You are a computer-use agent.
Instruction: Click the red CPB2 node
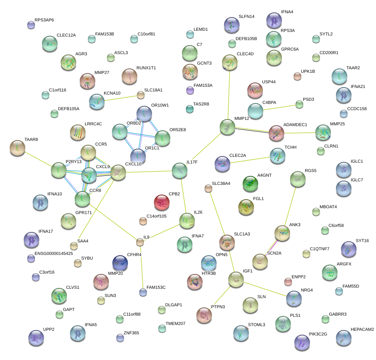162,202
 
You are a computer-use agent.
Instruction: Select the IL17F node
179,170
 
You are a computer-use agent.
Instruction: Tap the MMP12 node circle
227,127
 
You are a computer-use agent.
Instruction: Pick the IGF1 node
236,279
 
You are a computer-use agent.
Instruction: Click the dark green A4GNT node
250,184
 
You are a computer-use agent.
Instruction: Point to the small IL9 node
140,242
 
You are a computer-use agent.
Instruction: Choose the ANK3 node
282,233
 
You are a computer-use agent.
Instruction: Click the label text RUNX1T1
146,68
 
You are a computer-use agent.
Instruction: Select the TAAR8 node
17,147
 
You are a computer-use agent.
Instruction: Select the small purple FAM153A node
190,90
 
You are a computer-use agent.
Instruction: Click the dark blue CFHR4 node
120,263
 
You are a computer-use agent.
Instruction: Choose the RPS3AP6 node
31,25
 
